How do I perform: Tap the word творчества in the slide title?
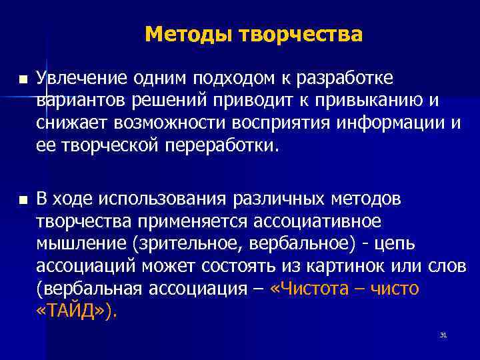295,33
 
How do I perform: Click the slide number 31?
443,335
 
